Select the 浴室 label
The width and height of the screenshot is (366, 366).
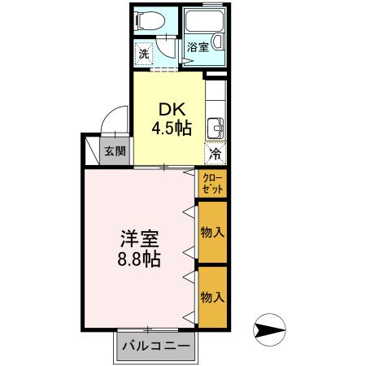click(x=198, y=47)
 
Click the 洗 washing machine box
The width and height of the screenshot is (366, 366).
click(x=143, y=54)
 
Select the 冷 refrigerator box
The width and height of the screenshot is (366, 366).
click(x=216, y=153)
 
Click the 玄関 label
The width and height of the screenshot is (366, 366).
click(x=115, y=150)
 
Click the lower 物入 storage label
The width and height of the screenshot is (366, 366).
click(x=213, y=296)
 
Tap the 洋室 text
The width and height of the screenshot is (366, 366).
click(x=141, y=241)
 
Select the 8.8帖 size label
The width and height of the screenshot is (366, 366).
click(x=141, y=260)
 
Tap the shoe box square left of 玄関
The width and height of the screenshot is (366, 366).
click(x=90, y=150)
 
